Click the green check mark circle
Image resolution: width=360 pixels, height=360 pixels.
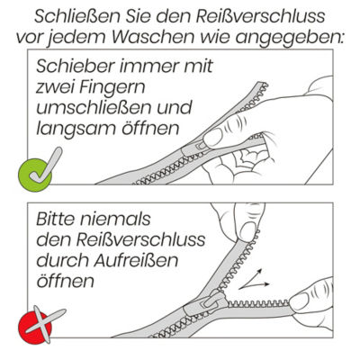pyautogui.click(x=35, y=175)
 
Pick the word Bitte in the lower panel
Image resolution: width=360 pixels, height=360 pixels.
pyautogui.click(x=58, y=220)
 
